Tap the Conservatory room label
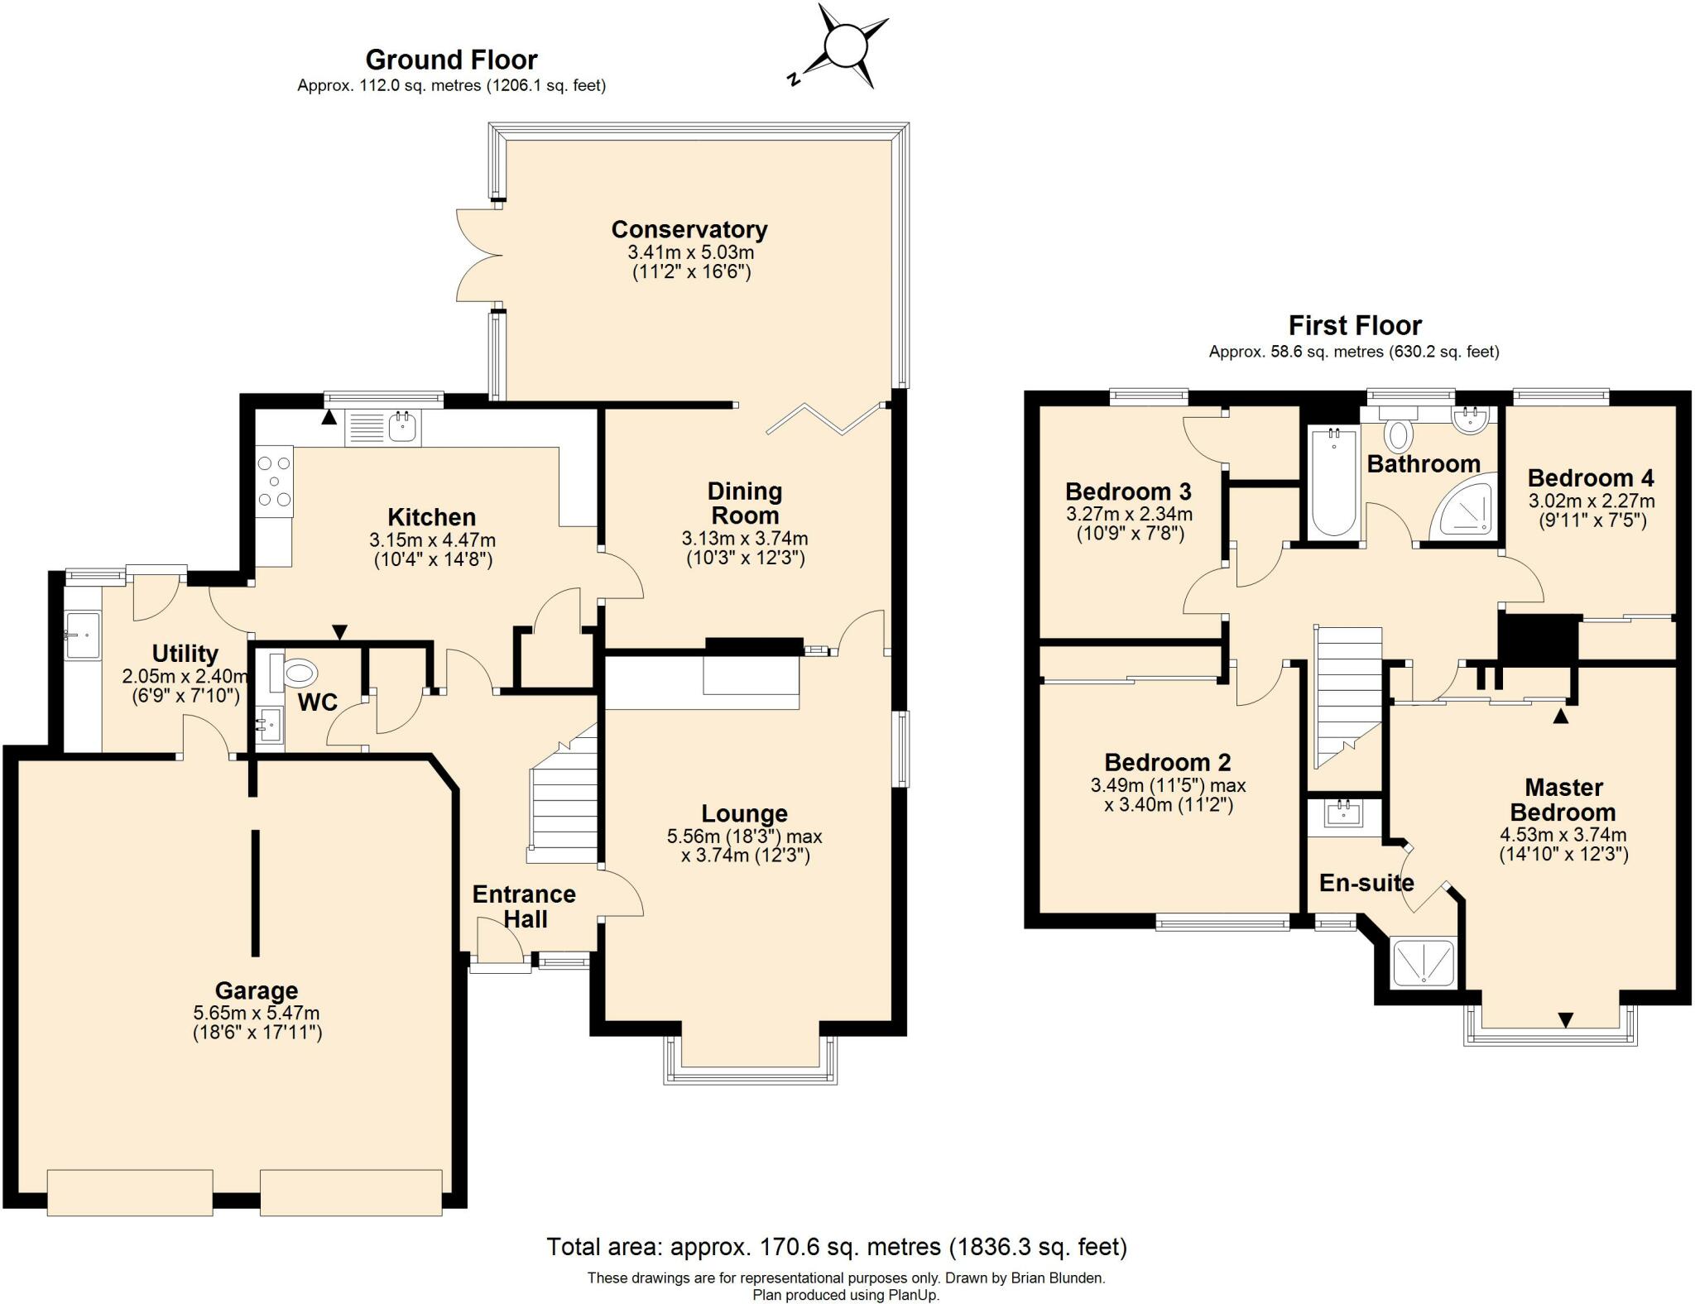click(x=689, y=229)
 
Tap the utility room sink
click(x=83, y=635)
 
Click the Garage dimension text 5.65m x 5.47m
click(x=257, y=1013)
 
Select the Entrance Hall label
click(x=524, y=906)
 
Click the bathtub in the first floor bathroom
click(x=1332, y=481)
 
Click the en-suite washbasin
click(x=1345, y=813)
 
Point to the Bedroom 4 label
click(x=1591, y=477)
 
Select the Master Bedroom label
click(x=1563, y=799)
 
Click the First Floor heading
click(x=1355, y=325)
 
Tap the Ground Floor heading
click(x=451, y=60)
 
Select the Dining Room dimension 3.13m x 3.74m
click(x=745, y=539)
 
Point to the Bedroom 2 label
click(x=1168, y=762)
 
